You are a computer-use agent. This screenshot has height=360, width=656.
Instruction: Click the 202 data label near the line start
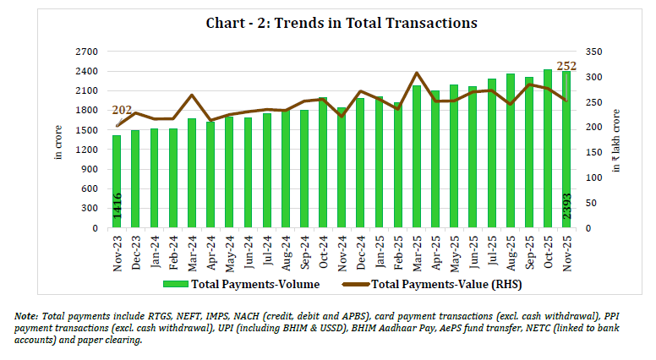(x=122, y=110)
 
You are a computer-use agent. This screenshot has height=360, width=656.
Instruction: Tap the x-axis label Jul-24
(x=268, y=248)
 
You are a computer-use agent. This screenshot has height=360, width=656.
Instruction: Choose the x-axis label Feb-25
(x=397, y=248)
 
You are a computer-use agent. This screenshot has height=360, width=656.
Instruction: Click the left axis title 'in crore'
(x=58, y=140)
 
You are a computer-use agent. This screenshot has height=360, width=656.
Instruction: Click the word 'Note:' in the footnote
(x=26, y=315)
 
